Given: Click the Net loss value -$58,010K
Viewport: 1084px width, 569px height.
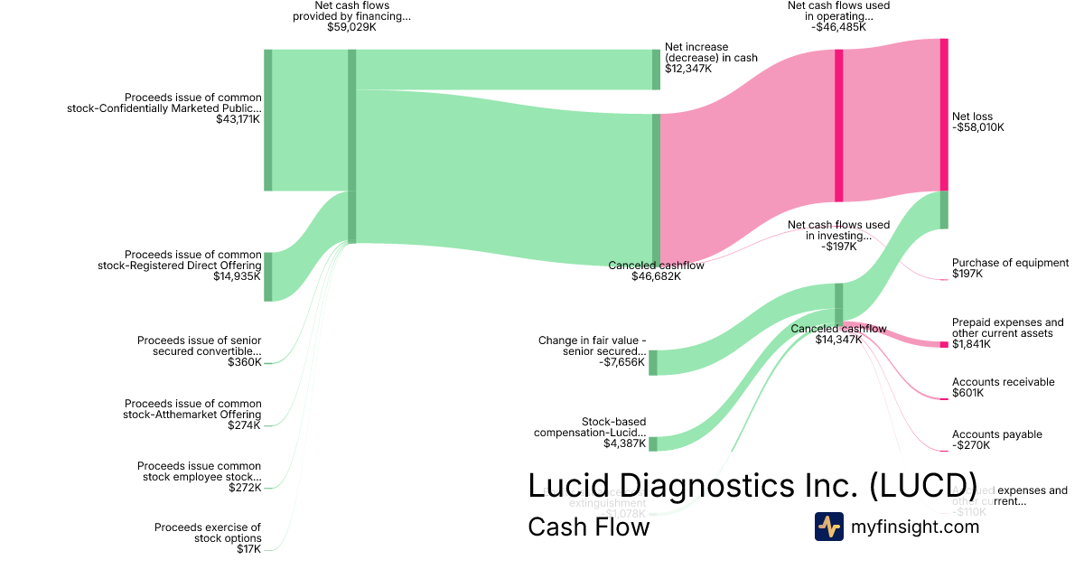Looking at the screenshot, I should point(977,127).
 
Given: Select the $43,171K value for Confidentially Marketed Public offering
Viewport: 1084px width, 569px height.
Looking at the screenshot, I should point(238,118).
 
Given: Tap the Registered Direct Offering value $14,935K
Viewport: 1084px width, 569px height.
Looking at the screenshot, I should point(238,276).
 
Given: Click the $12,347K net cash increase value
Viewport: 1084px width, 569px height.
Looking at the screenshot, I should point(688,68).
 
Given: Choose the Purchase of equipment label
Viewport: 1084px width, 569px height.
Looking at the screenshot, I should point(1010,263).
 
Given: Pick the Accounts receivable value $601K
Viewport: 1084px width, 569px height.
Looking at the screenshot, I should point(968,393).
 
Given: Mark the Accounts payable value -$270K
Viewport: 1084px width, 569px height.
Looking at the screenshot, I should point(971,445).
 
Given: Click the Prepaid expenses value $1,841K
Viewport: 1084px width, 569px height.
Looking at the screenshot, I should point(971,344).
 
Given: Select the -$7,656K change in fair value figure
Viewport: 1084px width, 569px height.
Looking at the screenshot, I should point(622,362).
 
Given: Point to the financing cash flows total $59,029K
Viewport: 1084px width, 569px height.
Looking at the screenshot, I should point(351,28).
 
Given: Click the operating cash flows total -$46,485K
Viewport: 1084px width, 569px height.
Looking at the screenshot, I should point(839,27).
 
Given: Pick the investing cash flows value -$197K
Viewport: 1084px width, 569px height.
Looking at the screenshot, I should point(839,247).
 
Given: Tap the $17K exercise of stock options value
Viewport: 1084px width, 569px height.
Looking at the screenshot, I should point(248,548).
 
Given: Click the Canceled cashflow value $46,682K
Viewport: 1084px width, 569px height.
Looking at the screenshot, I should point(656,276).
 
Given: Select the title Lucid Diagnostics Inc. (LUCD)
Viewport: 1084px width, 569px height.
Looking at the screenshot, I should point(752,485).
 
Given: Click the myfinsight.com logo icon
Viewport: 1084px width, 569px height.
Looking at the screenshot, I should point(828,527).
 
